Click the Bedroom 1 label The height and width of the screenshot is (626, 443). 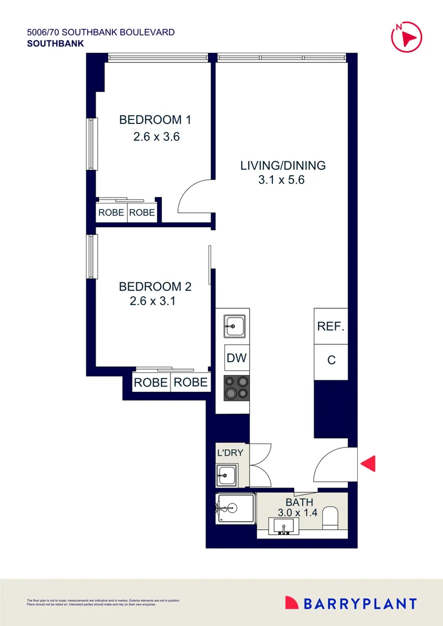click(155, 120)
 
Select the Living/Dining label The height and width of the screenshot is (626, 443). click(283, 165)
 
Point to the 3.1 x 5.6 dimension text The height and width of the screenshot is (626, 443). click(282, 180)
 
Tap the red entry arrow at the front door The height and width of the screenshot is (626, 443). click(368, 464)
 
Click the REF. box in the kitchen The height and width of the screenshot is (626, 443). click(331, 326)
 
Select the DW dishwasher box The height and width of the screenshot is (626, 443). click(237, 358)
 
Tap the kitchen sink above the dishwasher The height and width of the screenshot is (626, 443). click(236, 326)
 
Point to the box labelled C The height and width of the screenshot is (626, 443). click(331, 360)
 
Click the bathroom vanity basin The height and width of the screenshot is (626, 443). click(284, 527)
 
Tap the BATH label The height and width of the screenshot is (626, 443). click(299, 502)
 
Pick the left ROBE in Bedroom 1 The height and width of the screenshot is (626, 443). click(111, 213)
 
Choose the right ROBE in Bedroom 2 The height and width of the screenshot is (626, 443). click(191, 383)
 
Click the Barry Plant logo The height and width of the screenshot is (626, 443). click(351, 603)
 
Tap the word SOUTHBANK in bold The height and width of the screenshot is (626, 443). click(55, 43)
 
